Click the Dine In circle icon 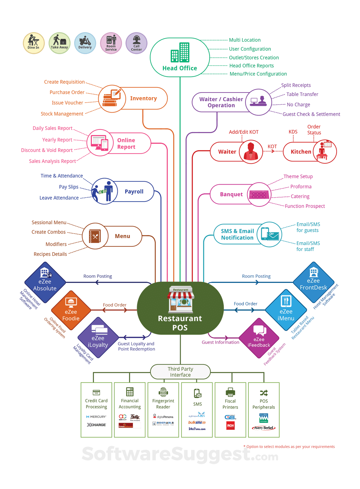pyautogui.click(x=33, y=43)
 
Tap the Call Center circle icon pyautogui.click(x=136, y=43)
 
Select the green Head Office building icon pyautogui.click(x=180, y=53)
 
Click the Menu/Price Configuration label pyautogui.click(x=258, y=74)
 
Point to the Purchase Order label pyautogui.click(x=67, y=92)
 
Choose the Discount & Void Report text pyautogui.click(x=47, y=150)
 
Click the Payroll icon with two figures pyautogui.click(x=104, y=191)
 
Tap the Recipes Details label pyautogui.click(x=50, y=254)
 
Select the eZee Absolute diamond pyautogui.click(x=45, y=282)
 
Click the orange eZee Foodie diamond pyautogui.click(x=71, y=311)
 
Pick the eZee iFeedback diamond pyautogui.click(x=258, y=338)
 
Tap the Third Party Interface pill pyautogui.click(x=180, y=372)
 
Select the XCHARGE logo pyautogui.click(x=96, y=425)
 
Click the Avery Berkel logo pyautogui.click(x=264, y=428)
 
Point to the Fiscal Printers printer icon pyautogui.click(x=230, y=392)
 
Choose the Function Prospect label pyautogui.click(x=305, y=206)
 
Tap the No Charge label pyautogui.click(x=298, y=105)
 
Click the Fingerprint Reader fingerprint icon pyautogui.click(x=163, y=392)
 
